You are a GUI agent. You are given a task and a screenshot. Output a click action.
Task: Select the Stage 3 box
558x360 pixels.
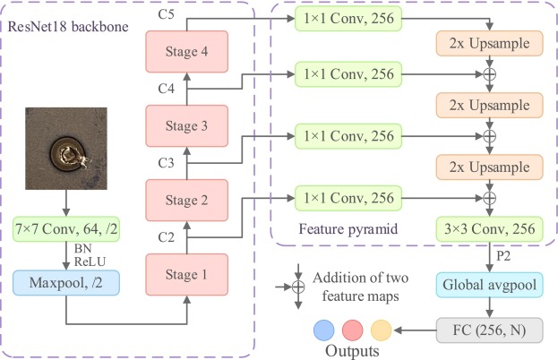(185, 125)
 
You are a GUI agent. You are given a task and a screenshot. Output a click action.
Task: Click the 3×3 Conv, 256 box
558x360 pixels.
(488, 229)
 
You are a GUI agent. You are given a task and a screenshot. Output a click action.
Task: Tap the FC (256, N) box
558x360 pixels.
(488, 330)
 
